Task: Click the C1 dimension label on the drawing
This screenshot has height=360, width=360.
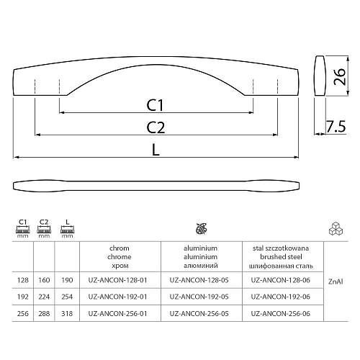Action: click(x=155, y=105)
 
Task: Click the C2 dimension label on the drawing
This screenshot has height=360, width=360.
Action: click(x=156, y=127)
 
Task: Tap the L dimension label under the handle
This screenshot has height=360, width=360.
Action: click(x=156, y=150)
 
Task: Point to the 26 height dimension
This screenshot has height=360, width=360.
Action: click(x=340, y=77)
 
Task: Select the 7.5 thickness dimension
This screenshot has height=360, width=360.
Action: click(x=336, y=127)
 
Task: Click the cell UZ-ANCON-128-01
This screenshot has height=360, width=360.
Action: click(x=117, y=280)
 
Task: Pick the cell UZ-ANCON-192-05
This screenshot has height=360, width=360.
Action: click(x=199, y=297)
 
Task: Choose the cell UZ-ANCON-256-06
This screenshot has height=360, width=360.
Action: click(x=281, y=313)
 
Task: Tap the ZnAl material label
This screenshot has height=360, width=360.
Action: click(x=336, y=282)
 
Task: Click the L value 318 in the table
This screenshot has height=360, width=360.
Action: click(x=67, y=313)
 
